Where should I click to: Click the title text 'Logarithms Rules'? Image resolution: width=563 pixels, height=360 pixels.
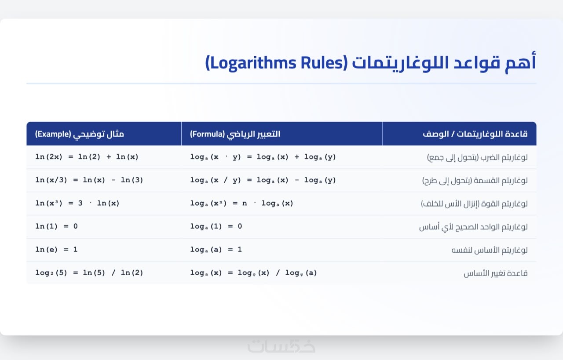pos(277,63)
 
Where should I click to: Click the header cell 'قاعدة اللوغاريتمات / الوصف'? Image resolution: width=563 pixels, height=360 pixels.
pos(475,134)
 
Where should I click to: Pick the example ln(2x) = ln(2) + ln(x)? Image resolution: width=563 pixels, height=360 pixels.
pos(87,157)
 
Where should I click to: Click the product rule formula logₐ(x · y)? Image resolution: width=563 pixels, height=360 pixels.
pos(263,157)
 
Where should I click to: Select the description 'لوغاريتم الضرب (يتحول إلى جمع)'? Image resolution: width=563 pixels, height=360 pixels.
pos(477,157)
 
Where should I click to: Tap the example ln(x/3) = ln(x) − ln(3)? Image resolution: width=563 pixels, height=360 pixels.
pos(89,180)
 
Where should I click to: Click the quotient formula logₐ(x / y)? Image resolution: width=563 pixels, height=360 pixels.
pos(263,180)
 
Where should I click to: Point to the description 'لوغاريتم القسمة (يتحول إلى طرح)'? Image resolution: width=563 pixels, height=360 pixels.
pos(475,181)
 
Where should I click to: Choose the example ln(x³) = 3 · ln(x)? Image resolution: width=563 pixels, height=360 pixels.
pos(77,203)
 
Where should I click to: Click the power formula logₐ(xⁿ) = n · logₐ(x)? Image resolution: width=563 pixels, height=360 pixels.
pos(241,203)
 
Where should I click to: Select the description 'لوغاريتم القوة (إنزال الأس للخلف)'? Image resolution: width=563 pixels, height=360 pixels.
pos(474,204)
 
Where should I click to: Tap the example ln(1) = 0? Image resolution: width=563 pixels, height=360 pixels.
pos(56,226)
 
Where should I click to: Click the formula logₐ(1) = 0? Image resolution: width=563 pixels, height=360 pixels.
pos(216,226)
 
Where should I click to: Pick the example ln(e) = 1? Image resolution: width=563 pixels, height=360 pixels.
pos(56,249)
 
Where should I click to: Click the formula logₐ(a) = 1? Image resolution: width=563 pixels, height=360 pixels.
pos(216,249)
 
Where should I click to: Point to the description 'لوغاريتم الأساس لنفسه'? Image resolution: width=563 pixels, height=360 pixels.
pos(490,250)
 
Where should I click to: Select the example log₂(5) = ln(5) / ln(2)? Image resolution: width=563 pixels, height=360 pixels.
pos(89,273)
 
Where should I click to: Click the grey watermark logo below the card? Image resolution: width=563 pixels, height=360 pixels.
pos(281,346)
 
